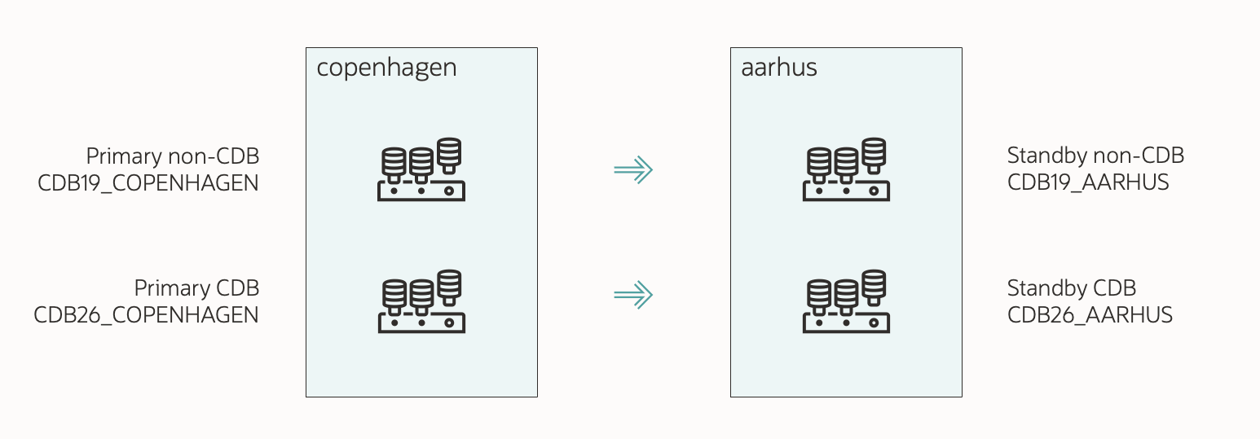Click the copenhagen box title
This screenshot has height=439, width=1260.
coord(386,68)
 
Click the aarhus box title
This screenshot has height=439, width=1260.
coord(778,68)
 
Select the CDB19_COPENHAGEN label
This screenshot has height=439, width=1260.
coord(148,182)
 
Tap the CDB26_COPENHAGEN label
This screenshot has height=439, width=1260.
coord(146,314)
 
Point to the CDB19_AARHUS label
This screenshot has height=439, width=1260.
coord(1088,182)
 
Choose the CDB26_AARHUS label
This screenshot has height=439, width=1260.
coord(1090,314)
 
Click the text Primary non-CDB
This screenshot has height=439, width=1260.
coord(172,156)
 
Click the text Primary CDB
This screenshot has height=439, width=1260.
coord(196,288)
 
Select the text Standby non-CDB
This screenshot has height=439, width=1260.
coord(1095,155)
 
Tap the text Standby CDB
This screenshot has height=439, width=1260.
coord(1071,288)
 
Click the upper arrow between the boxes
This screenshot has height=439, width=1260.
coord(633,169)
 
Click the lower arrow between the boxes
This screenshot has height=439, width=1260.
coord(633,295)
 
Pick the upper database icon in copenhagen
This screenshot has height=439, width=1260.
coord(421,169)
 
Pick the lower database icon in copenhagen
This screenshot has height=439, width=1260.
coord(421,301)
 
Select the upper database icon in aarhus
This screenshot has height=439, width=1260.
coord(846,169)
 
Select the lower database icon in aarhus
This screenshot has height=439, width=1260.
coord(846,301)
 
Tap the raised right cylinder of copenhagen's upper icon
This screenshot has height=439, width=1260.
coord(449,152)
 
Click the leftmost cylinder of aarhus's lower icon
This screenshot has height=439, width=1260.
coord(818,293)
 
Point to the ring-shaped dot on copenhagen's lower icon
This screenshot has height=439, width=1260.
coord(449,323)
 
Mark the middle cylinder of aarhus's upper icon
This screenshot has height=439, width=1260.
coord(846,161)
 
